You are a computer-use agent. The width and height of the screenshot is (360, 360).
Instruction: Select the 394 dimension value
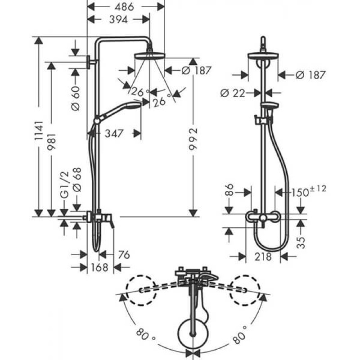click(x=116, y=19)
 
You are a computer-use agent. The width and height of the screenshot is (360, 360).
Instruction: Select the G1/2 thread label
click(x=64, y=188)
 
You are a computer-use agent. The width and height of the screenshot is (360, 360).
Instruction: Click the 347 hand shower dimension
click(x=114, y=133)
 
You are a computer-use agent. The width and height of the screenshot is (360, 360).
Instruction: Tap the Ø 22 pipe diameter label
click(x=235, y=93)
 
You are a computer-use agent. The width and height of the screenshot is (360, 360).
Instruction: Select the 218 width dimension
click(x=263, y=256)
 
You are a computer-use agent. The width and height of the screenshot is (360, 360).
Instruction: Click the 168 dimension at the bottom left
click(x=100, y=267)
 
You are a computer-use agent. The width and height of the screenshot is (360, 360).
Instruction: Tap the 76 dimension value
click(x=122, y=255)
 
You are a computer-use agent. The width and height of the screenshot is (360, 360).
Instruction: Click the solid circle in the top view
click(x=193, y=333)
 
